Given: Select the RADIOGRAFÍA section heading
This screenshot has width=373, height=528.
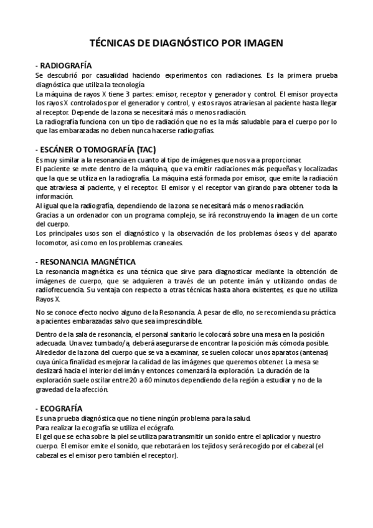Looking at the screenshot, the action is click(x=65, y=65).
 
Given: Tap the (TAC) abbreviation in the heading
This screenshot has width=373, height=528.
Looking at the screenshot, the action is click(x=143, y=149).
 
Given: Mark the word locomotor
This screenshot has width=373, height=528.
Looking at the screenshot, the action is click(x=53, y=243).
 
